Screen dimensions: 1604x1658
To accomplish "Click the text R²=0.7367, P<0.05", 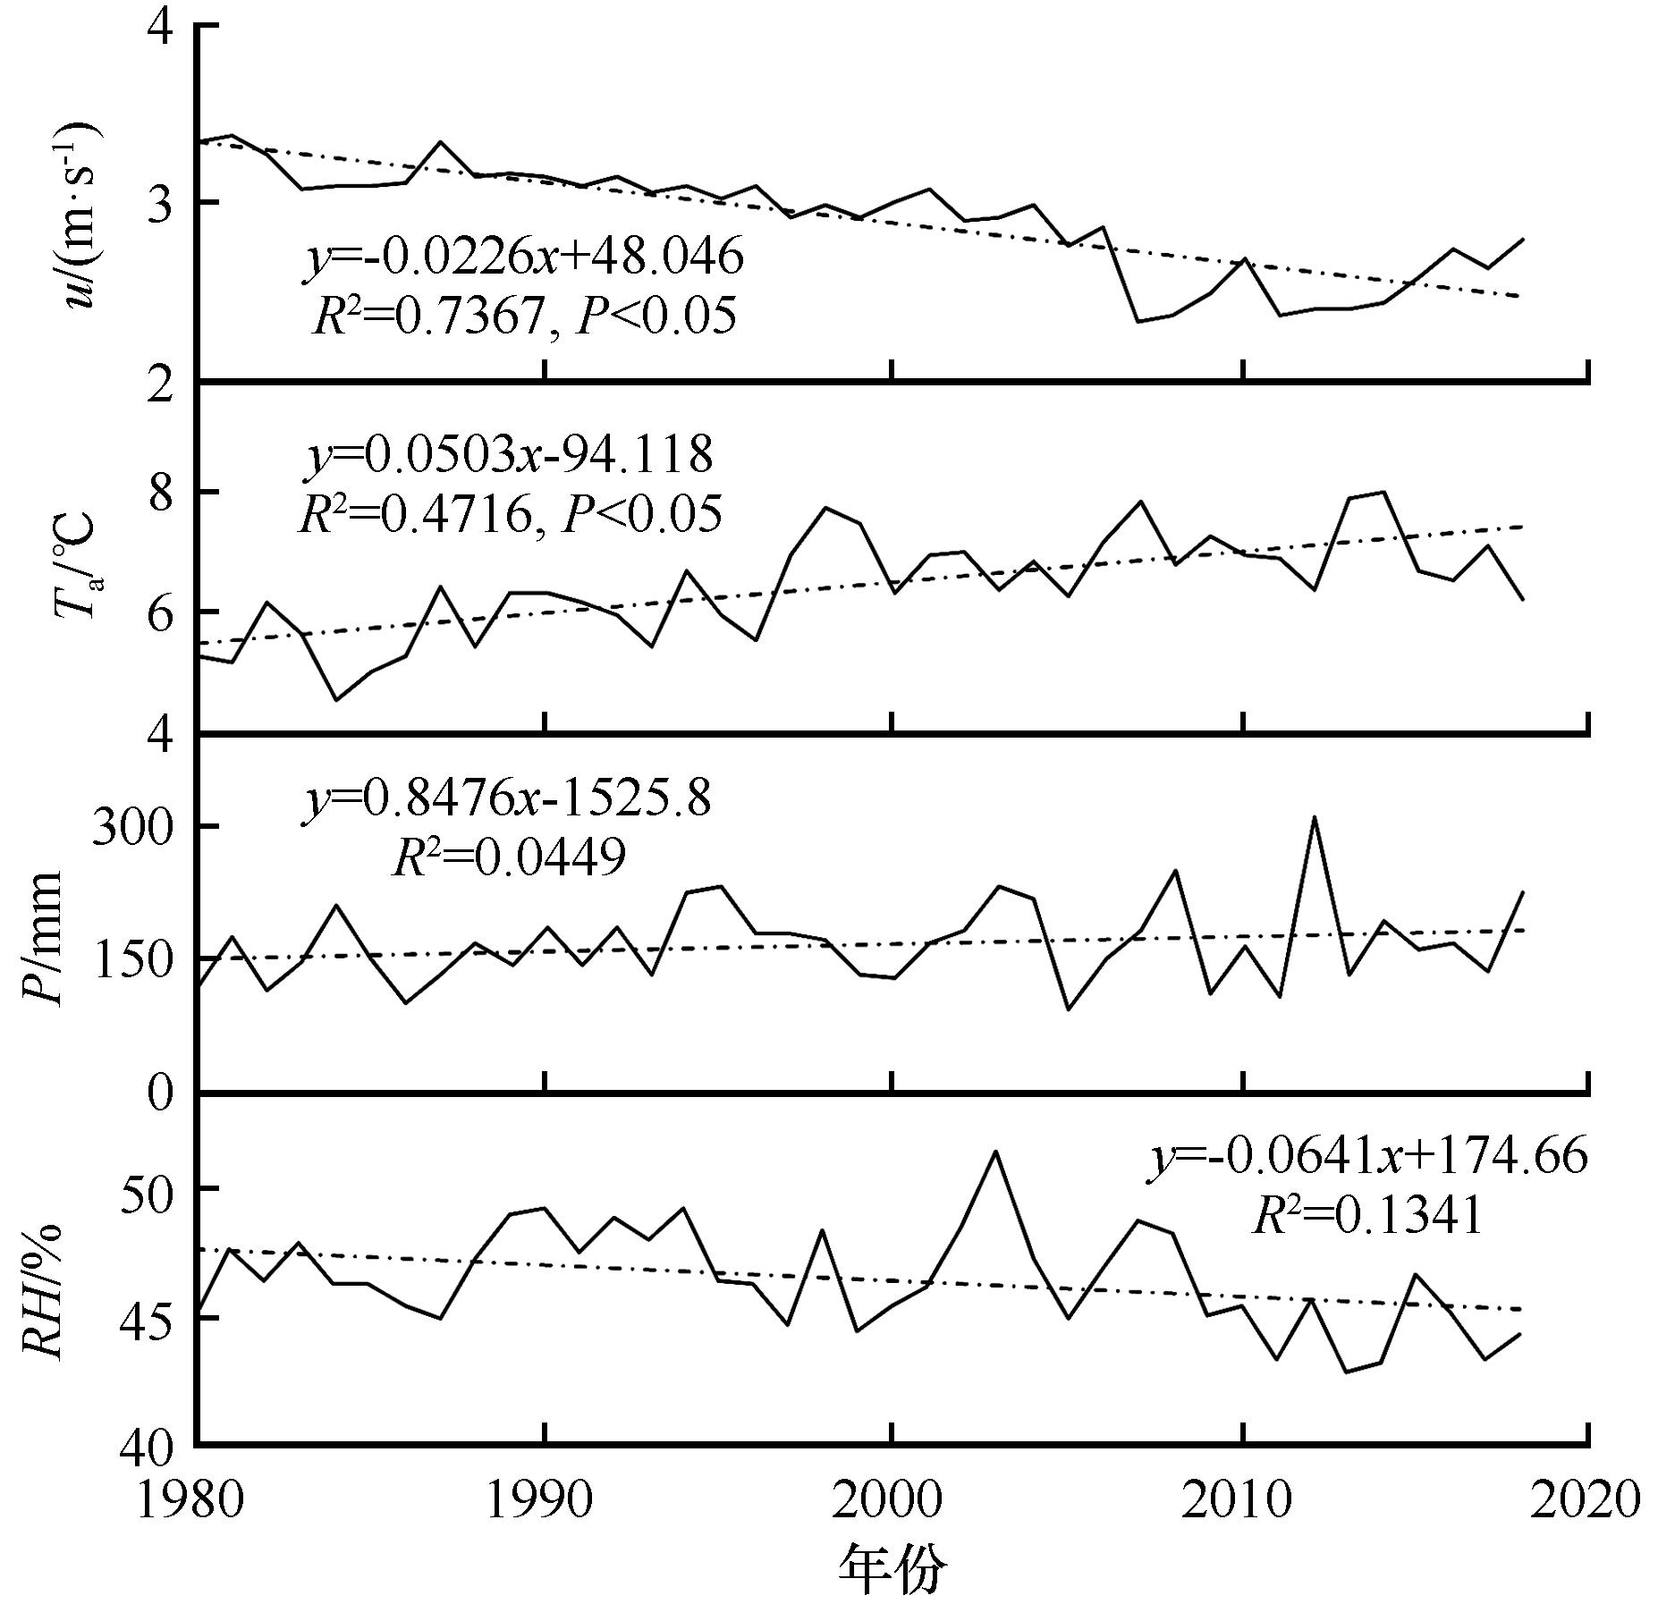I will pos(526,317).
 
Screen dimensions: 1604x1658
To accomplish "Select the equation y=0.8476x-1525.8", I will pos(508,798).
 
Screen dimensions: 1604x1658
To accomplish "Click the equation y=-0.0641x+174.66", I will pos(1368,1156).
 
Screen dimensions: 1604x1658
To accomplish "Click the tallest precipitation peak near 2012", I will pos(1314,817).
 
